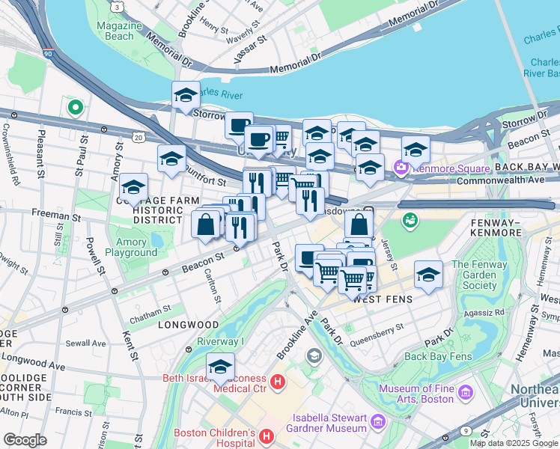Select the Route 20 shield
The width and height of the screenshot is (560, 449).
click(x=137, y=137)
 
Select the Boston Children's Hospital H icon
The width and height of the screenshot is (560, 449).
click(x=266, y=435)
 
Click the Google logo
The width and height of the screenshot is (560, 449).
click(x=25, y=439)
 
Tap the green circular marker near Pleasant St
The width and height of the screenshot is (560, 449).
click(x=74, y=107)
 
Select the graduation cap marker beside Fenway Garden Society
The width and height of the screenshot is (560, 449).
click(x=427, y=275)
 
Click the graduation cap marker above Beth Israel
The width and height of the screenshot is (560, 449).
click(x=220, y=367)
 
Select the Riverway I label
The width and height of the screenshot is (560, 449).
click(x=220, y=340)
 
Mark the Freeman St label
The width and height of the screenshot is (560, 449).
click(x=55, y=215)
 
